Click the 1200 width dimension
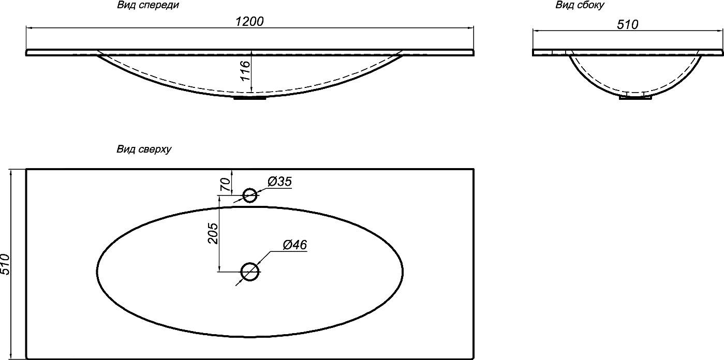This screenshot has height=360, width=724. coord(249,22)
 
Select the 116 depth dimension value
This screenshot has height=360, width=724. coord(246,71)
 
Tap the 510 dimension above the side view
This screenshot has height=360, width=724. coord(628,24)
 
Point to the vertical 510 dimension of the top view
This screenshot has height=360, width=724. coord(6,264)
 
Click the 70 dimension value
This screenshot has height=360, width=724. coord(226,185)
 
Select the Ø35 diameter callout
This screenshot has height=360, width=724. coord(279,182)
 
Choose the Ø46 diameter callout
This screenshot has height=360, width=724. coord(295,245)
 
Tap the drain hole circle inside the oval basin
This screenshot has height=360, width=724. coord(250,272)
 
